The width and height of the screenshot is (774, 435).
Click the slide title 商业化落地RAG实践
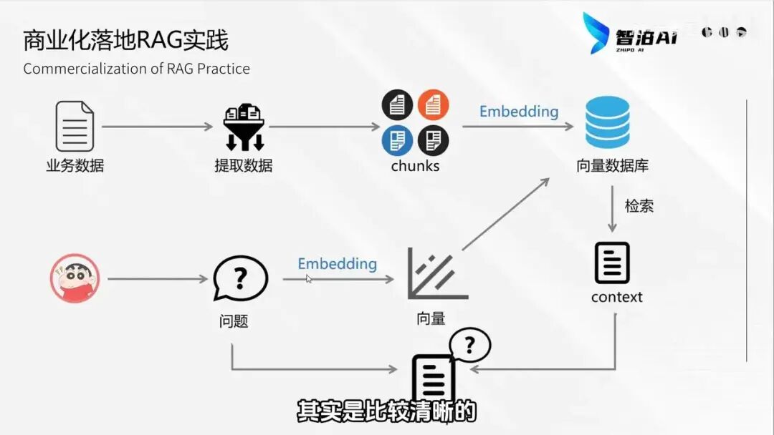click(x=125, y=40)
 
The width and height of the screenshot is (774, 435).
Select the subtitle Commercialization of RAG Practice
click(x=136, y=69)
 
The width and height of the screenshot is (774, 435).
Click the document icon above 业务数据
click(x=75, y=126)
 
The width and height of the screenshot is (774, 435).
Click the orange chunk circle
click(x=433, y=105)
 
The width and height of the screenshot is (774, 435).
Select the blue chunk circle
click(x=397, y=140)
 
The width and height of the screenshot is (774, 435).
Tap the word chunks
click(x=415, y=166)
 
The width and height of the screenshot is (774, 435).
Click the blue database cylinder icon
click(x=607, y=122)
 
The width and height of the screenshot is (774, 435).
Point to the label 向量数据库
click(x=612, y=166)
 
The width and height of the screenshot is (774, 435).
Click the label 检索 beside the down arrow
click(x=639, y=206)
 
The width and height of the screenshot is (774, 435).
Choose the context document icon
click(x=612, y=263)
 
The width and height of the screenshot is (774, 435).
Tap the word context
click(x=616, y=297)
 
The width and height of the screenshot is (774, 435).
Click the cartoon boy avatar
click(x=75, y=279)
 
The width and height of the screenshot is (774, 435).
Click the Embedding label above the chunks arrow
click(x=518, y=112)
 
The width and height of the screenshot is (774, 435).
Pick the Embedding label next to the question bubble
click(x=337, y=264)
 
